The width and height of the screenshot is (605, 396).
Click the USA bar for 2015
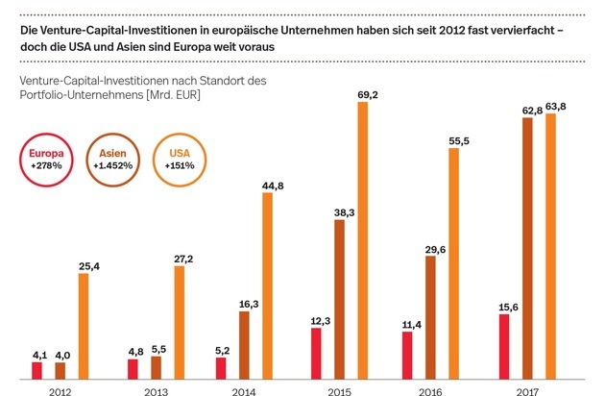[x=362, y=240]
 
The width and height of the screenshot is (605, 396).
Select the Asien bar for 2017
[x=527, y=249]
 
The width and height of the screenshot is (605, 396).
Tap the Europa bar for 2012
[x=37, y=370]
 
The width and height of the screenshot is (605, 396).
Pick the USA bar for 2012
[x=84, y=326]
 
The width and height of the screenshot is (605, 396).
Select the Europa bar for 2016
[x=407, y=355]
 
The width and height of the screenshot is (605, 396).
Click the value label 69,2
[x=362, y=95]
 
